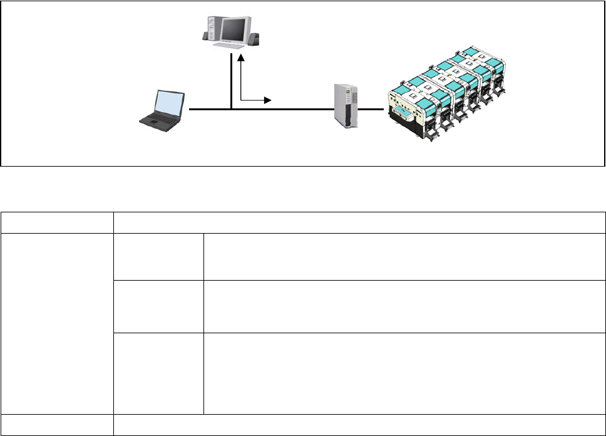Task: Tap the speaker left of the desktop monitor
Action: pos(205,36)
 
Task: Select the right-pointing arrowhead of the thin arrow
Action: pos(268,100)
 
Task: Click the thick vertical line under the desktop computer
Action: pos(232,81)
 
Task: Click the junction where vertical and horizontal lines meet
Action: pos(232,110)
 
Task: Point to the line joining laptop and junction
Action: pos(210,110)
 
